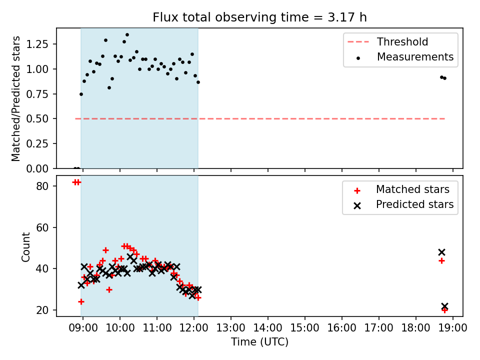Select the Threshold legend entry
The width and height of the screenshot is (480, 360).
[387, 41]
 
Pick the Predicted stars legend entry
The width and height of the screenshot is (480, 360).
[403, 204]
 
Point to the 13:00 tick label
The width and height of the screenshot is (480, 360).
[231, 328]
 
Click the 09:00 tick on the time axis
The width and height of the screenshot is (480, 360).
[82, 328]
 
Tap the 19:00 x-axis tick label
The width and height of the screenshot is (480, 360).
[453, 328]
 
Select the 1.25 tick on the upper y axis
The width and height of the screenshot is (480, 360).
[37, 44]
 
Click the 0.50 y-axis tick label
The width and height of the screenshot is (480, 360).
[37, 119]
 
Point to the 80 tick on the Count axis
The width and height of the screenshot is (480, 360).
[42, 186]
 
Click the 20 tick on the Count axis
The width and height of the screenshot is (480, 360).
[42, 310]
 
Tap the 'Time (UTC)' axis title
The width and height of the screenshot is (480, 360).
[259, 342]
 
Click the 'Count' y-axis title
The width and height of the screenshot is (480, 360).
[25, 247]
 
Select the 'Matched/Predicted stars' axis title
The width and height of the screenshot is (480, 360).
[15, 98]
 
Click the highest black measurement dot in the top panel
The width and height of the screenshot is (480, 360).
[127, 34]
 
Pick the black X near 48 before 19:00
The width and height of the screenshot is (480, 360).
[441, 252]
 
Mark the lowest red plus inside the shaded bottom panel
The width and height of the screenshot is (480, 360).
[81, 302]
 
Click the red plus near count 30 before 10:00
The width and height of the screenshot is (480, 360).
[109, 289]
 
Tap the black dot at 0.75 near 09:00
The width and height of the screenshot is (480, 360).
[81, 94]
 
